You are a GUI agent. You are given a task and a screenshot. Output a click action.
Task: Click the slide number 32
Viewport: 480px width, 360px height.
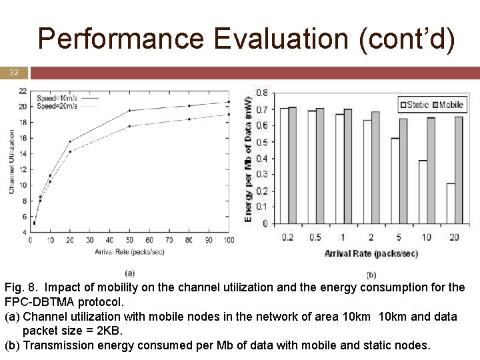pos(14,73)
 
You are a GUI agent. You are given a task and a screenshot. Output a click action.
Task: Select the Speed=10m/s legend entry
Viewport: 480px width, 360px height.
pos(57,99)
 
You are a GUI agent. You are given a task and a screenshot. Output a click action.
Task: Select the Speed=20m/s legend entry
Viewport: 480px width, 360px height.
pos(57,105)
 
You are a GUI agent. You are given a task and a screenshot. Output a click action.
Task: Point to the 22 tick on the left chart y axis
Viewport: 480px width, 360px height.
pos(23,91)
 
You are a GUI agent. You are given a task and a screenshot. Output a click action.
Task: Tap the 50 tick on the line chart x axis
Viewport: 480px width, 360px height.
pos(129,240)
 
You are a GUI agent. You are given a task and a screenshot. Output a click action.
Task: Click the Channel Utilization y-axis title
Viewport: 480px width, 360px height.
pos(11,162)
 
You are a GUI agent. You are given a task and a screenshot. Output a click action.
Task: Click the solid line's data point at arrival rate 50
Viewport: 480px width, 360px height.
pos(129,111)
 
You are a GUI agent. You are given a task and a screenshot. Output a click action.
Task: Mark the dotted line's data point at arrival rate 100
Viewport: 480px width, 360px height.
pos(229,115)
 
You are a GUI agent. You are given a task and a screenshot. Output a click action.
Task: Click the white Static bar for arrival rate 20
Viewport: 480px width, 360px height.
pos(451,203)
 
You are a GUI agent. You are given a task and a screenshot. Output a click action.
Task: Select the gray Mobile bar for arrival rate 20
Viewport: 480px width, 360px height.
pos(459,170)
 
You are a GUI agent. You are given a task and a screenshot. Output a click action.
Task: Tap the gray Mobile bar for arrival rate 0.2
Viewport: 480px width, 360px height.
pos(292,165)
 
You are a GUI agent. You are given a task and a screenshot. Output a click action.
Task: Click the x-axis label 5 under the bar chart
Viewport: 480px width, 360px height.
pos(399,237)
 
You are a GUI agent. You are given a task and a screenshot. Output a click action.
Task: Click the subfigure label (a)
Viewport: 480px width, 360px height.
pos(129,273)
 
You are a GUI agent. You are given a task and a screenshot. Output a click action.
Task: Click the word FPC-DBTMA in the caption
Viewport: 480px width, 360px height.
pos(36,302)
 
